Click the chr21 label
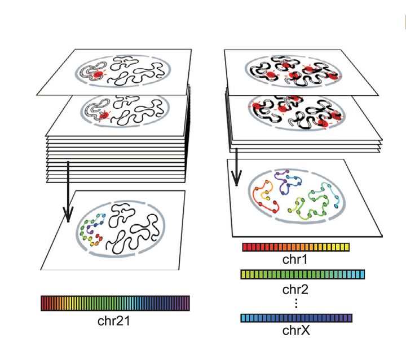click(x=113, y=321)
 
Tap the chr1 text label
click(x=295, y=259)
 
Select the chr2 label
click(x=295, y=290)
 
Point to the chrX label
click(x=296, y=330)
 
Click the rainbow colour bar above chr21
click(x=115, y=303)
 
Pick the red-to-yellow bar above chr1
click(x=295, y=247)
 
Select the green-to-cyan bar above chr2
click(x=302, y=274)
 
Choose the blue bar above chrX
click(x=296, y=318)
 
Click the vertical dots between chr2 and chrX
click(x=296, y=303)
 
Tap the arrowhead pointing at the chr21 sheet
click(x=68, y=215)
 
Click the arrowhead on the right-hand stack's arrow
click(x=236, y=179)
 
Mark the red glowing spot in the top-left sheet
click(x=98, y=74)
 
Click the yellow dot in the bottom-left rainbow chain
click(x=92, y=243)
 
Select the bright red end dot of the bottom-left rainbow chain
click(x=98, y=235)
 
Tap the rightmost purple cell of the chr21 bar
click(x=187, y=303)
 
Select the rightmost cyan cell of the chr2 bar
click(x=362, y=274)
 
